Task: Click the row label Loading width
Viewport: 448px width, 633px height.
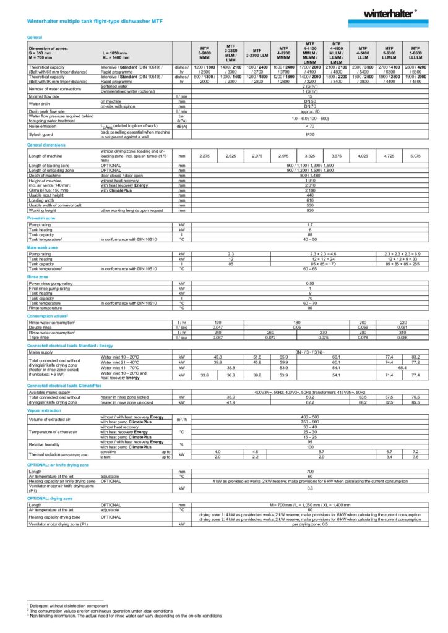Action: (x=43, y=200)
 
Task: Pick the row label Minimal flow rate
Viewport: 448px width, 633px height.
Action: (x=46, y=96)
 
